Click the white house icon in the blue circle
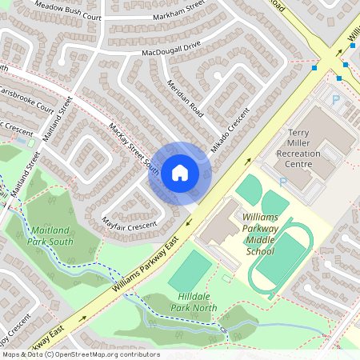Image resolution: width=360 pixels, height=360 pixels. click(180, 173)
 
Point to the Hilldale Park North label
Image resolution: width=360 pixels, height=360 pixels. click(192, 302)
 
